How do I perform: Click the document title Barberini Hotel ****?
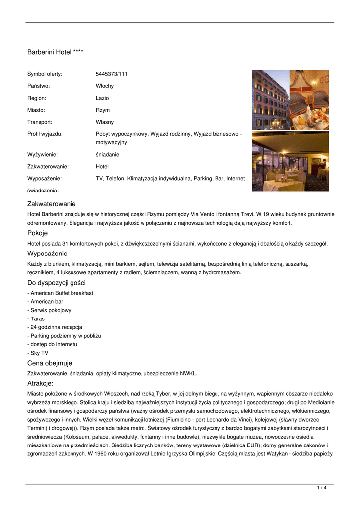tap(55, 52)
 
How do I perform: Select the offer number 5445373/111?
tap(111, 74)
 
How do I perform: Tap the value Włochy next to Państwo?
tap(104, 86)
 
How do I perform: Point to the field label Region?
tap(37, 98)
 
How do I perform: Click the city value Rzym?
tap(103, 110)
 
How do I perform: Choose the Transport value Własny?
tap(104, 122)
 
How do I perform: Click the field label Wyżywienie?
tap(42, 155)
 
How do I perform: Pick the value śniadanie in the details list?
tap(107, 155)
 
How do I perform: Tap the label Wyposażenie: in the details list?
tap(44, 179)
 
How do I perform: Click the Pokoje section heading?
tap(38, 233)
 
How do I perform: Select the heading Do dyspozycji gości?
tap(57, 283)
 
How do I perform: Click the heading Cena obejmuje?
tap(50, 363)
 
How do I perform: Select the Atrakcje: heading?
tap(41, 383)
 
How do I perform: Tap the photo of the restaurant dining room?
tap(290, 162)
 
